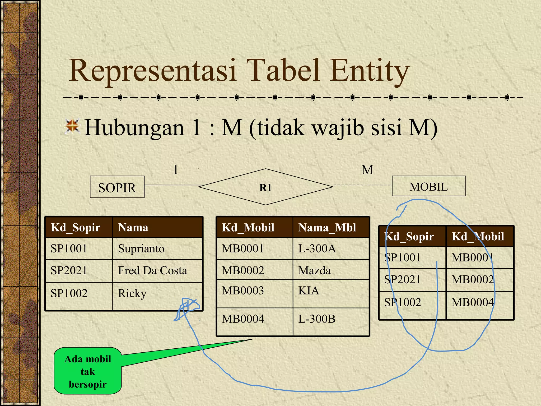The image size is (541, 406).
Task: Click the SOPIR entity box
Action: coord(117,187)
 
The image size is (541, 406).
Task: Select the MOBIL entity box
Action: coord(428,186)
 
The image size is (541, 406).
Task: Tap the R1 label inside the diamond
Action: coord(265,188)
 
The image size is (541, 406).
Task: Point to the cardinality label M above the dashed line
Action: coord(367,170)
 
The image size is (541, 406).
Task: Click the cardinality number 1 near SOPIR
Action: coord(176,170)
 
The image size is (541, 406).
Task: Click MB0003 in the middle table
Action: coord(243,291)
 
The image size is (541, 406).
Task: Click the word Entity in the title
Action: coord(370,71)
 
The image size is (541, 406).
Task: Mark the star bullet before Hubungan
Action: coord(72,126)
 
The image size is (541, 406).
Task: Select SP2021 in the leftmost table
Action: coord(69,271)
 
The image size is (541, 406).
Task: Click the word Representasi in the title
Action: coord(152,71)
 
